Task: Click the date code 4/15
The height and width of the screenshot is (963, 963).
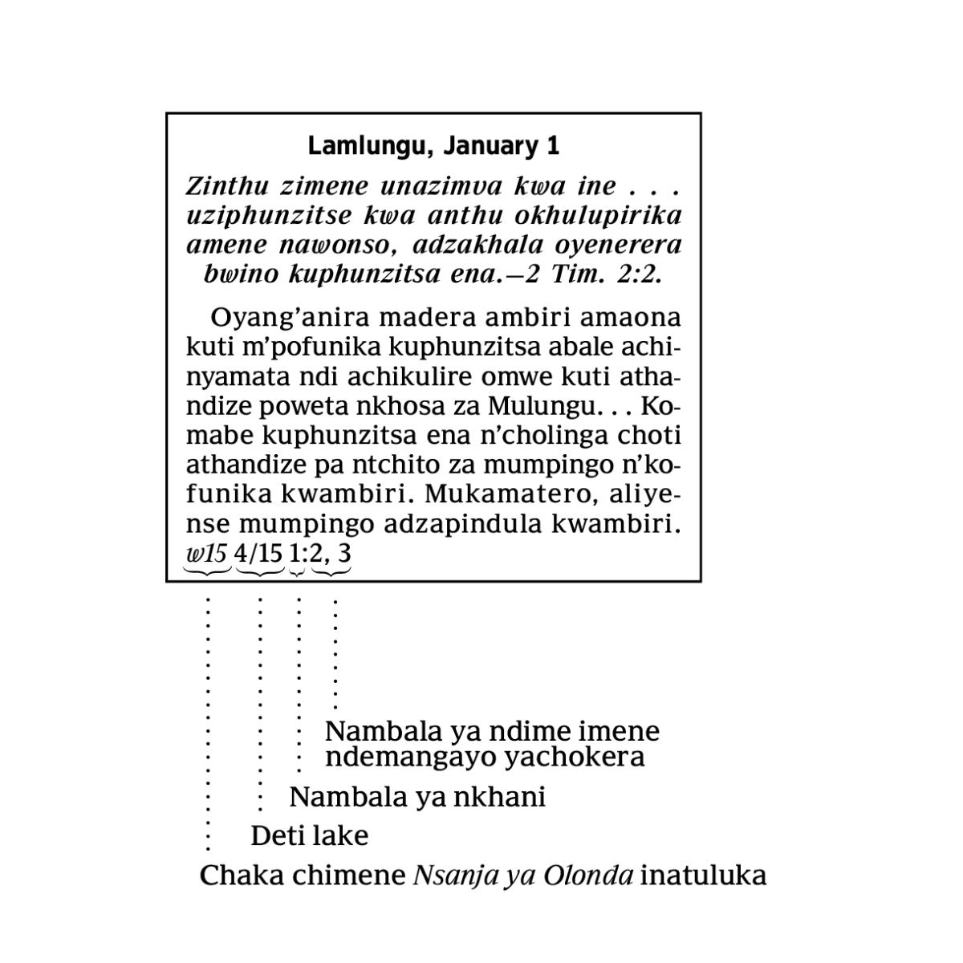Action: (258, 553)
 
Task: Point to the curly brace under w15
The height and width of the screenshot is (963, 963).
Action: (207, 571)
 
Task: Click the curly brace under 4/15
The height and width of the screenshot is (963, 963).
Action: (260, 571)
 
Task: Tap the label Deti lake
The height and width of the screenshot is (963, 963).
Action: (309, 836)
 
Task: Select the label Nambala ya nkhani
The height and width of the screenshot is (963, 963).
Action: (417, 798)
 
